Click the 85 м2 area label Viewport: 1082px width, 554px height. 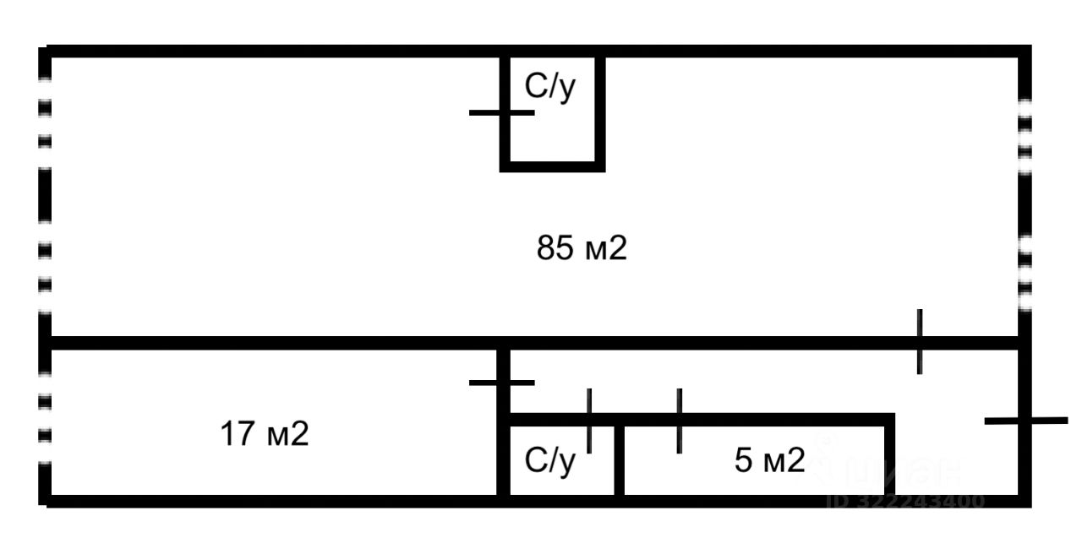582,249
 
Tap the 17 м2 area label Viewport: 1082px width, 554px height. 265,435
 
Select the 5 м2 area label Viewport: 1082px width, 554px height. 769,461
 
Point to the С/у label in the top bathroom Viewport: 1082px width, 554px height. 550,87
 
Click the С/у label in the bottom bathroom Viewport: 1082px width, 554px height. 550,461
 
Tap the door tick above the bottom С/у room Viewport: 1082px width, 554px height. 589,420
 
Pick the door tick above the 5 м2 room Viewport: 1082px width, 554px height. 679,420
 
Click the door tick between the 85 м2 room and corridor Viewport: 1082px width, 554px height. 920,341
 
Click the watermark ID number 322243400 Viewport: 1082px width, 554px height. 904,501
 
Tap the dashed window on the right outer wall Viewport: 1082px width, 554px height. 1025,203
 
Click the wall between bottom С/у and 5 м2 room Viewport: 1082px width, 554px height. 619,460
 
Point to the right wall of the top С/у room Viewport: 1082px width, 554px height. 600,110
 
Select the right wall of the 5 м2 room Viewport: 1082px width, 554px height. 889,456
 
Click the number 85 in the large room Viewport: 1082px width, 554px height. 553,249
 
